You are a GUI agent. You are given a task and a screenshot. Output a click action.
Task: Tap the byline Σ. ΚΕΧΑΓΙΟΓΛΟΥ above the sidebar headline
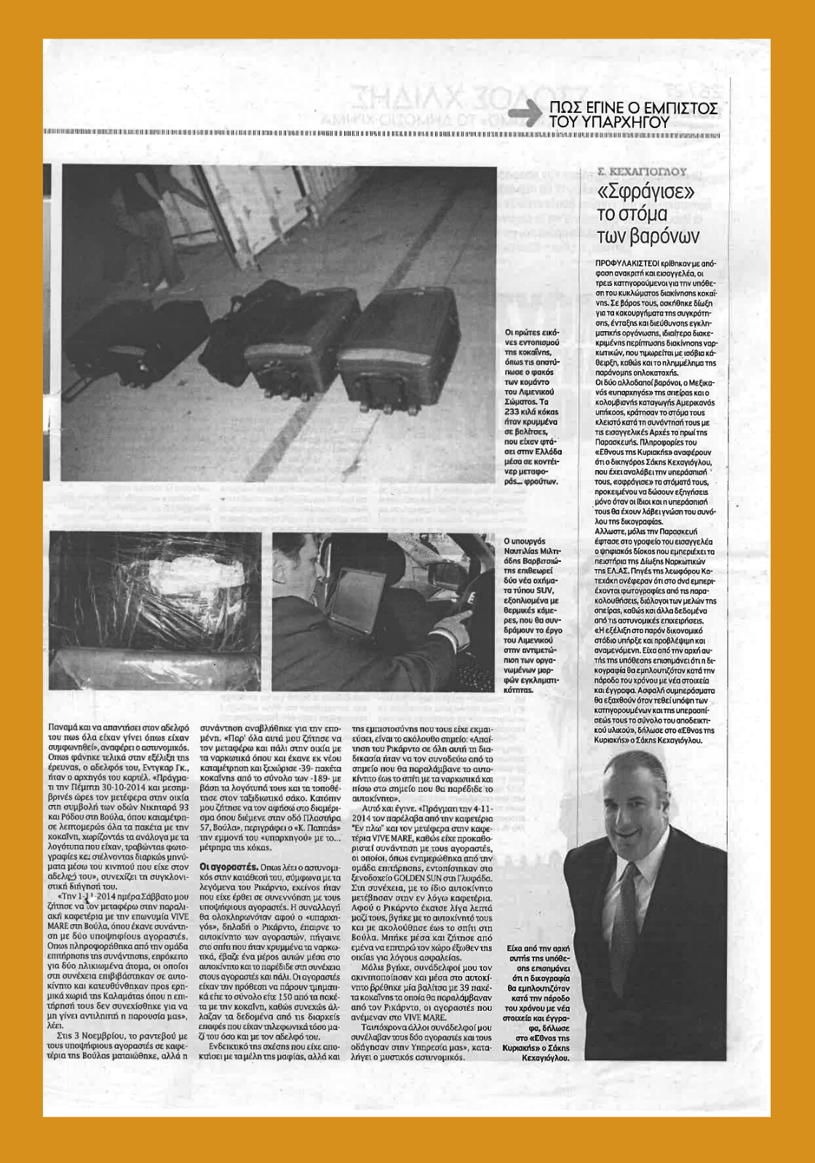pyautogui.click(x=641, y=172)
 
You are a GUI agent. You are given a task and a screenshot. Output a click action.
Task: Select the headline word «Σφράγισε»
pyautogui.click(x=645, y=192)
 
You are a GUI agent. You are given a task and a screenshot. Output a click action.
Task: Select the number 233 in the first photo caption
pyautogui.click(x=514, y=411)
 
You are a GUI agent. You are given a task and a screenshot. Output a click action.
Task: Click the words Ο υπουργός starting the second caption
pyautogui.click(x=524, y=541)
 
